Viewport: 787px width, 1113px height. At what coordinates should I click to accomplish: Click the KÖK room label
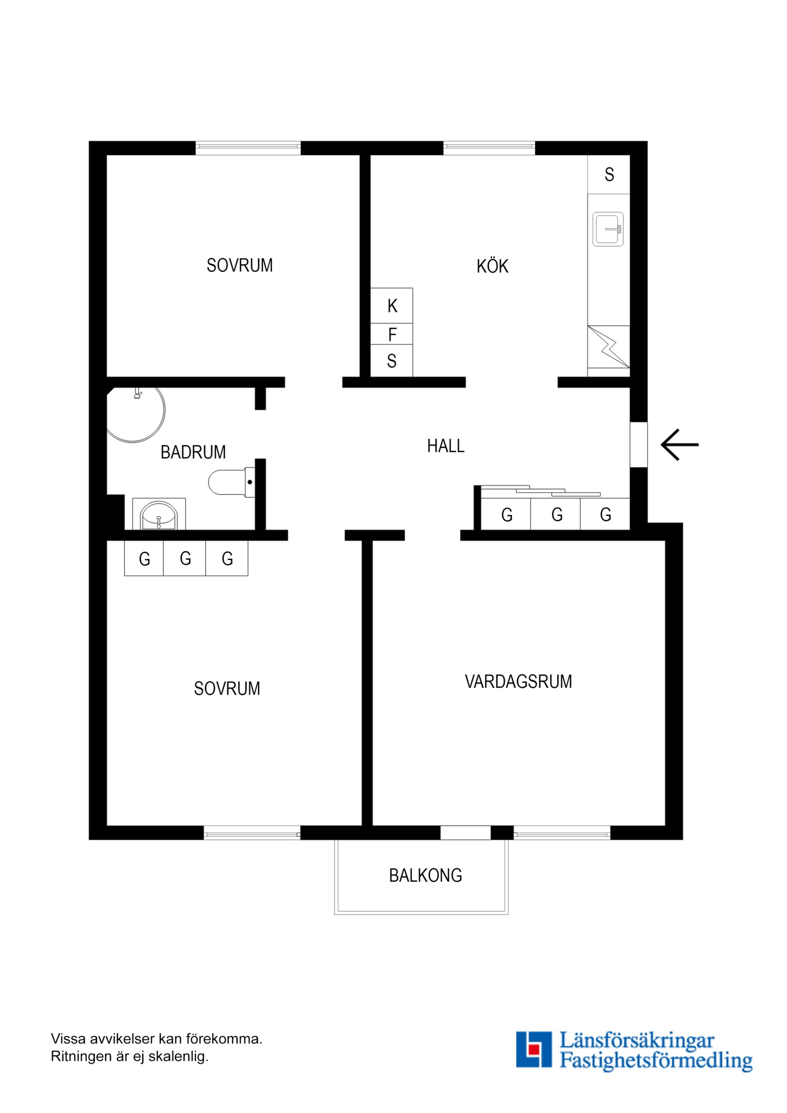(x=492, y=266)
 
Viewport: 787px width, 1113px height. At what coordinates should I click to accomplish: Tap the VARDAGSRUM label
(x=518, y=682)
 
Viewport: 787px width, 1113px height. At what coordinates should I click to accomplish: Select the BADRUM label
(x=193, y=452)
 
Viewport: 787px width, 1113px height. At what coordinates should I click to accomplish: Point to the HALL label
(x=446, y=446)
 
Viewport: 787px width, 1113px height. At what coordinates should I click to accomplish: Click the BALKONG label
(x=425, y=875)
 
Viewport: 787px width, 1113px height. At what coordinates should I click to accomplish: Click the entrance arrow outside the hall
(x=680, y=444)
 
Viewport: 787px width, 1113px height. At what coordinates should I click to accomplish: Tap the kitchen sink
(x=608, y=229)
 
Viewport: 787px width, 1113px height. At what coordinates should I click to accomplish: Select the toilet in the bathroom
(x=229, y=482)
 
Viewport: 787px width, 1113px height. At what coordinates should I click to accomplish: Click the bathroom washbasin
(x=159, y=516)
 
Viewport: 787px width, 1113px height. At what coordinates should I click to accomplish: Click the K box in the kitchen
(x=392, y=306)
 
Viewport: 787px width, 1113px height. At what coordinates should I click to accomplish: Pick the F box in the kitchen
(x=392, y=335)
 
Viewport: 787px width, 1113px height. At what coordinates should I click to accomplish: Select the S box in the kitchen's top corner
(x=609, y=175)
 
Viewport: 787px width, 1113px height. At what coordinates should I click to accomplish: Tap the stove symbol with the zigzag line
(x=609, y=346)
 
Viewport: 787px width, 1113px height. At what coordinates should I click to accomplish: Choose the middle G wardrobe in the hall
(x=556, y=514)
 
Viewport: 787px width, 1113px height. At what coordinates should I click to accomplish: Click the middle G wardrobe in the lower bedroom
(x=185, y=559)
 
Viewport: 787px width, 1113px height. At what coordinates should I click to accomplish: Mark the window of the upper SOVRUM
(x=248, y=148)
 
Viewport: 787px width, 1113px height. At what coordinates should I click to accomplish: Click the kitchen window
(x=489, y=148)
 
